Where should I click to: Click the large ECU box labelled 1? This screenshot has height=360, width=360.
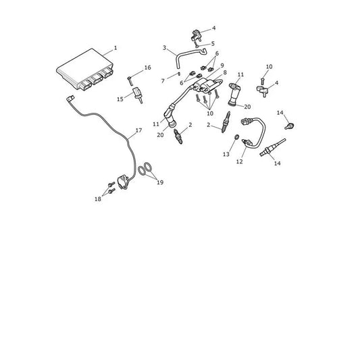coord(84,69)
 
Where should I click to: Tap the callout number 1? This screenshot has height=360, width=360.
coord(115,48)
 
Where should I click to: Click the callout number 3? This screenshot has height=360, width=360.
coord(164,48)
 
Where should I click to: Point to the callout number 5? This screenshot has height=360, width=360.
coord(213,44)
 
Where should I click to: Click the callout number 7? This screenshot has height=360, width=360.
coord(163,81)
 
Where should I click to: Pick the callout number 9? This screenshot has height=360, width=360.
coord(222,66)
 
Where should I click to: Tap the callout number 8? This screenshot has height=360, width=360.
coord(225,72)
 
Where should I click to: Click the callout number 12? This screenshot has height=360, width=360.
coord(240,161)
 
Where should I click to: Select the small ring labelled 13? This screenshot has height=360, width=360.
coord(236,137)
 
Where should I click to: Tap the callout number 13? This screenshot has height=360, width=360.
coord(226,154)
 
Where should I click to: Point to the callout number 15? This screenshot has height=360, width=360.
coord(120,99)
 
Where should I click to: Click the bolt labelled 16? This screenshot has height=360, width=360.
coord(130,81)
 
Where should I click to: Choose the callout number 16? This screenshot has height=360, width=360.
coord(148,68)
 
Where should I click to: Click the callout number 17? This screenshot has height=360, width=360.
coord(138,130)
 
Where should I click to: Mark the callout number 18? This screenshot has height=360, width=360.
coord(98,199)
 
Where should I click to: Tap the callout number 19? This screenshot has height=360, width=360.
coord(160,182)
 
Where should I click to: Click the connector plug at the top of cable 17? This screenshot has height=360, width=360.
coord(70,99)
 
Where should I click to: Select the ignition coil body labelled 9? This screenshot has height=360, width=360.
coord(203,85)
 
